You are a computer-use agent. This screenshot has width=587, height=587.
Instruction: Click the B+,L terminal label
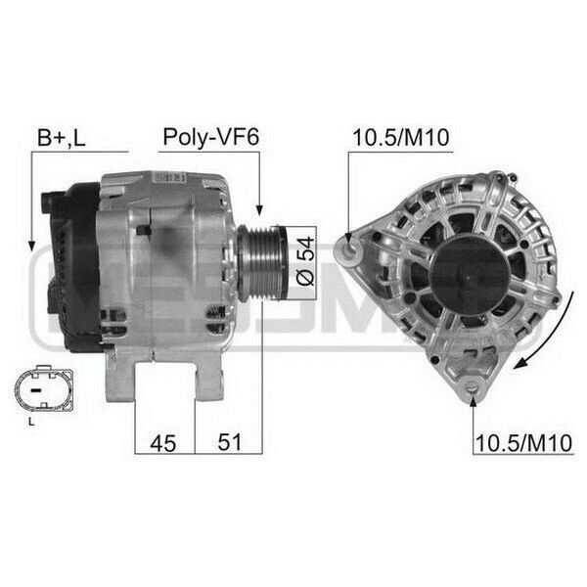62,138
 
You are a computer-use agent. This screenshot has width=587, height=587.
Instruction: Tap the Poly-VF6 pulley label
210,137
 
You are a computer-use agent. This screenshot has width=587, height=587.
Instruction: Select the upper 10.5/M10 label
400,137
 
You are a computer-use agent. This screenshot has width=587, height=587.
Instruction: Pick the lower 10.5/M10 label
523,443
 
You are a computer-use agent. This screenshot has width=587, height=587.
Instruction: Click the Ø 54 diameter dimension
305,261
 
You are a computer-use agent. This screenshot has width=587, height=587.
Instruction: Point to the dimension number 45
162,443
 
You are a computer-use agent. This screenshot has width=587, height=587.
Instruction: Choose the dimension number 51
230,442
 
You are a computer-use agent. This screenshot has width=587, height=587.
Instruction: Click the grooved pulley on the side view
262,263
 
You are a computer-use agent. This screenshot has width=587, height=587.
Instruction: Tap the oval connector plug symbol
44,388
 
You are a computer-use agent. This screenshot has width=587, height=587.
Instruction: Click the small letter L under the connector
32,422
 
